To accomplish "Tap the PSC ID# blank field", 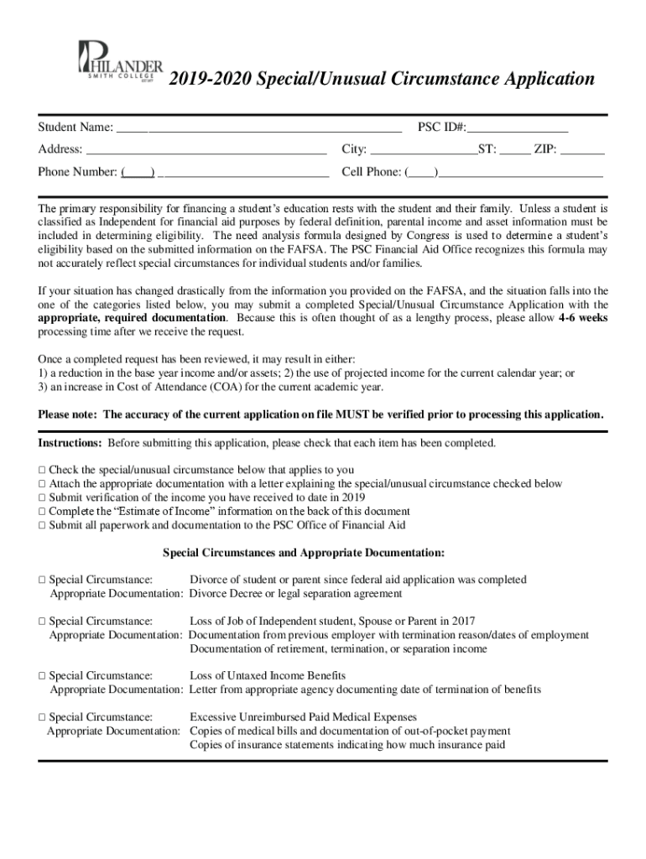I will click(518, 128).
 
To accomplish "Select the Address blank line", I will click(206, 150).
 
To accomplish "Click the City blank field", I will click(424, 150).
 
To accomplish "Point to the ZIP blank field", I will click(582, 150).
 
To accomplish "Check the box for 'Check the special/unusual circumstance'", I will click(41, 470).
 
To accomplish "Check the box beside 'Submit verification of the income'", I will click(41, 497).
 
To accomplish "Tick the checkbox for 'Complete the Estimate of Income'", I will click(41, 511).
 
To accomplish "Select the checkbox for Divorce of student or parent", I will click(41, 580).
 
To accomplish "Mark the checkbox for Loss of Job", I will click(41, 622).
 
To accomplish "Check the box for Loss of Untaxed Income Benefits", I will click(41, 675).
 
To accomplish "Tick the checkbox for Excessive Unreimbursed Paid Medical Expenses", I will click(41, 717).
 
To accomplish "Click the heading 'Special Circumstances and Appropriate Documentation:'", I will click(303, 553).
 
